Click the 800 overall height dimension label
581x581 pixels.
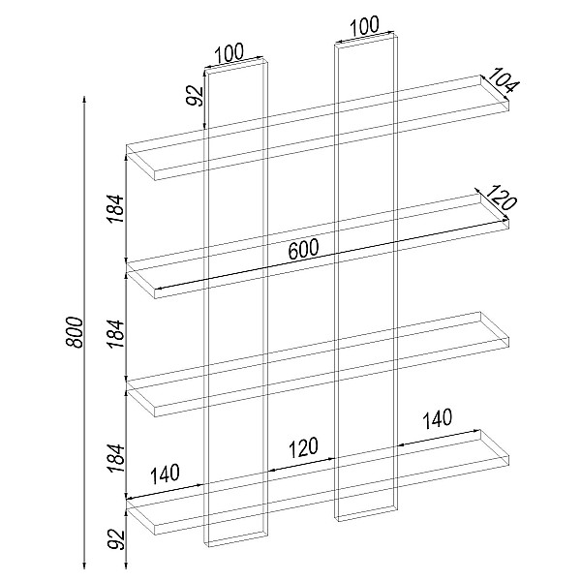76,332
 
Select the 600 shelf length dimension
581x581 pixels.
303,250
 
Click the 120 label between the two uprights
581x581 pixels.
303,447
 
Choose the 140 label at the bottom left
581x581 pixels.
165,474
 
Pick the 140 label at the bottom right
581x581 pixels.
438,419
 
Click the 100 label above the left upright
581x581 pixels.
229,53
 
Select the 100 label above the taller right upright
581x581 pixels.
364,26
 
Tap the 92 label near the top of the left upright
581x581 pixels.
196,96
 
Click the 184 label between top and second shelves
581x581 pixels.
115,208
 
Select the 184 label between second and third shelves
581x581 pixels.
115,333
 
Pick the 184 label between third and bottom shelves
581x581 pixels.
115,458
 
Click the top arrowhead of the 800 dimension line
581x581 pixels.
84,99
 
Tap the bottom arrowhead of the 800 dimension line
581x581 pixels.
84,566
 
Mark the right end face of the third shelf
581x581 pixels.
495,330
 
